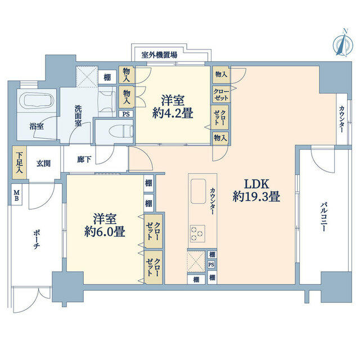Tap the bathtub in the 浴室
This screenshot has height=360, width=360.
[37, 101]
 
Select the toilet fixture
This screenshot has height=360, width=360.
[121, 132]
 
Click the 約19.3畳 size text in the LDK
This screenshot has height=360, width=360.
[256, 197]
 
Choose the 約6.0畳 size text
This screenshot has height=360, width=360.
[105, 231]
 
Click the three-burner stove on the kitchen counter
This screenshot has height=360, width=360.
[197, 233]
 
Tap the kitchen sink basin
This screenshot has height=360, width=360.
[198, 191]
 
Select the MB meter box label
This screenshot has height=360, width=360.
[16, 195]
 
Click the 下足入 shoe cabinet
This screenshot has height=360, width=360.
[20, 163]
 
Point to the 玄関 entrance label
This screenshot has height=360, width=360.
[44, 164]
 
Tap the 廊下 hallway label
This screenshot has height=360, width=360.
[84, 159]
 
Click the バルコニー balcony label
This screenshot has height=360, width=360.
[324, 217]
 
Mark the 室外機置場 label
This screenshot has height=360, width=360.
[159, 55]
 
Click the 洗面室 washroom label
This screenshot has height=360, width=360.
[78, 115]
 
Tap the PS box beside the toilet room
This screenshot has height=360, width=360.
[126, 114]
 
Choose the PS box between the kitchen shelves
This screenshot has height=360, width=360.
[211, 264]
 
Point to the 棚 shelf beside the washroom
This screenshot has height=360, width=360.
[107, 78]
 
